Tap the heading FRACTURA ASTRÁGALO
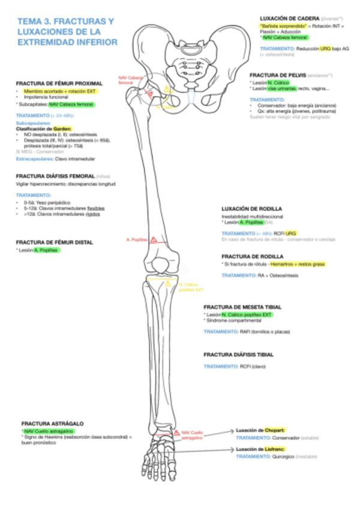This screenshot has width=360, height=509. (52, 423)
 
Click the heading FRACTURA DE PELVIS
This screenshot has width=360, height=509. (278, 75)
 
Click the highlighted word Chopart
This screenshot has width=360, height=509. (274, 430)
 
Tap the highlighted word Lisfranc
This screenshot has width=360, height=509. (274, 449)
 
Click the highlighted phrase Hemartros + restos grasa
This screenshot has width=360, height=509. (297, 264)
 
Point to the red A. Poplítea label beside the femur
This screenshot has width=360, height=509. (137, 240)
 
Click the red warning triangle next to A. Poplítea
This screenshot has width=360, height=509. (154, 239)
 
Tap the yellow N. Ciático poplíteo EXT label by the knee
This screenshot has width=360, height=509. (188, 287)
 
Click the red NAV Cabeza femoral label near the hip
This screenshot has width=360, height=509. (131, 80)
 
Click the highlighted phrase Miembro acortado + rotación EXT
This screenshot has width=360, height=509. (60, 91)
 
